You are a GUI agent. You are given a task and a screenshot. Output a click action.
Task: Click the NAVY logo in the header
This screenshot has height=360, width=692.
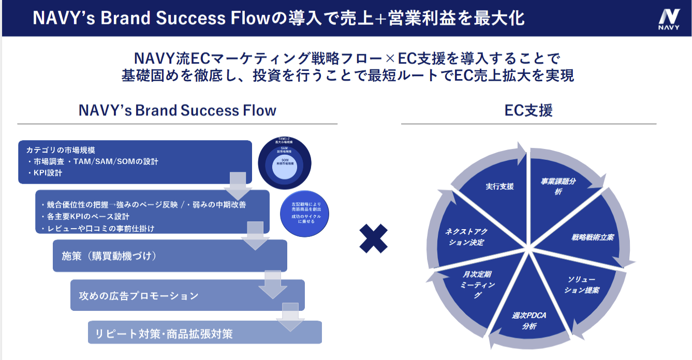669,19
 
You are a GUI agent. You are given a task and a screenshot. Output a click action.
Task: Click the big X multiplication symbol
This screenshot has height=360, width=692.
373,238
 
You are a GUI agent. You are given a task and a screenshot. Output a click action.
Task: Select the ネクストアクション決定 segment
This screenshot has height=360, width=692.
465,237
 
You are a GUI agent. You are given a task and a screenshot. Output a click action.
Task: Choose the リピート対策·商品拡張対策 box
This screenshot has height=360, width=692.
205,334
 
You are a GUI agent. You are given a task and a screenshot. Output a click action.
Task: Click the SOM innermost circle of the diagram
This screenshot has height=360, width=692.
288,163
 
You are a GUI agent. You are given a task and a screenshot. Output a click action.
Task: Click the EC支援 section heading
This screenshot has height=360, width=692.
528,110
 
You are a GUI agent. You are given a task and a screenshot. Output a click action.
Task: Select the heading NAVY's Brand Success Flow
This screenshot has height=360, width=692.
177,110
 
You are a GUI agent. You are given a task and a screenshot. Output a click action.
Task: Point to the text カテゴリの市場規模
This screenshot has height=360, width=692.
61,150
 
